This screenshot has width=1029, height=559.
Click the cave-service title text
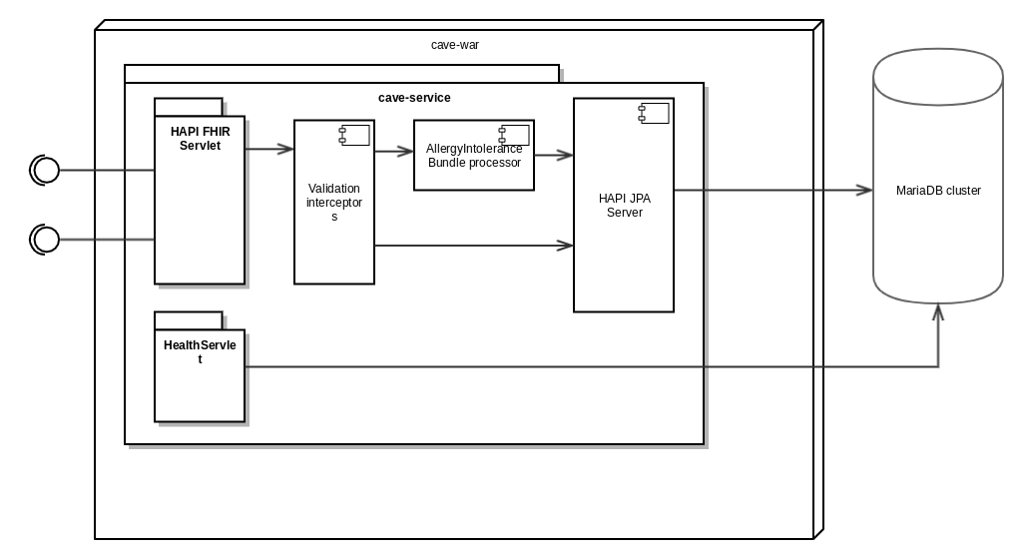coord(414,98)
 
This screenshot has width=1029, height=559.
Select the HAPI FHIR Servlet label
coord(200,139)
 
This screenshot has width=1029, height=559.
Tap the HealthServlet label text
coord(200,351)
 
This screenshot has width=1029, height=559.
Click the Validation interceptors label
coord(334,202)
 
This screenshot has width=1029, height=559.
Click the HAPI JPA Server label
coord(624,206)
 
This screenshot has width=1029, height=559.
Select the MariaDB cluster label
coord(938,191)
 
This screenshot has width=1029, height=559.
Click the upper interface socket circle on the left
coord(46,171)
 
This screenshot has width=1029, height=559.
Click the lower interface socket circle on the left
coord(46,240)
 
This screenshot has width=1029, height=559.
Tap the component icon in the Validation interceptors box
coord(354,135)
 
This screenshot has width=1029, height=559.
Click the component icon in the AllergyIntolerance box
coord(514,134)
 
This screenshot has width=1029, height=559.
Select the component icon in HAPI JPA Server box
coord(654,113)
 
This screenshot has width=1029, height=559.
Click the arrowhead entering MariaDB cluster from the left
coord(864,190)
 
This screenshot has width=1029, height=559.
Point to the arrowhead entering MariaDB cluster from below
coord(938,312)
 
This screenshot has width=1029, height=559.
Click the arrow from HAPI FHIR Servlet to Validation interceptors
coord(269,150)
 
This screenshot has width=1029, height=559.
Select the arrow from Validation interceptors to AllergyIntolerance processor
coord(394,152)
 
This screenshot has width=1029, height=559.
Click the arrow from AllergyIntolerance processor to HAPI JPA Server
coord(554,155)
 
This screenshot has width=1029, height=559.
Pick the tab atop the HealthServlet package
coord(189,320)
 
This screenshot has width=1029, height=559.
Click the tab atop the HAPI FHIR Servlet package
coord(189,107)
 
